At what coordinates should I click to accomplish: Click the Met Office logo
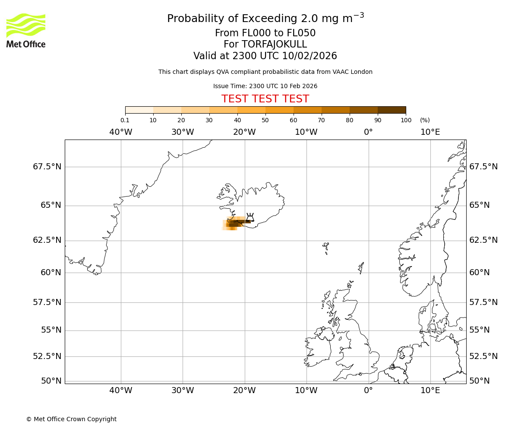click(x=26, y=30)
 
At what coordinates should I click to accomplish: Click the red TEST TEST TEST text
click(x=265, y=99)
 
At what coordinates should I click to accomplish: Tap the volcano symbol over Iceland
click(x=250, y=217)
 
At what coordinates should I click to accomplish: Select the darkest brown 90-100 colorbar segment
click(x=392, y=110)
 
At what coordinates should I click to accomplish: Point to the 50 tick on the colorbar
click(x=265, y=120)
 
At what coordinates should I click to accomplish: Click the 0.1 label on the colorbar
click(x=125, y=120)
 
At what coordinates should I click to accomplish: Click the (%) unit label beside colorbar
click(x=425, y=120)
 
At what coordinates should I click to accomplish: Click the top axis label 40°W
click(x=121, y=132)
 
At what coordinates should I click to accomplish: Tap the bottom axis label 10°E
click(x=430, y=391)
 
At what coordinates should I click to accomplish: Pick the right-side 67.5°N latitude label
click(x=483, y=167)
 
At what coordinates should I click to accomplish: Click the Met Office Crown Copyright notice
click(x=71, y=419)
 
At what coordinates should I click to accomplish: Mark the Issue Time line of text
click(x=265, y=86)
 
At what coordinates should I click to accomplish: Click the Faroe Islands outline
click(x=326, y=247)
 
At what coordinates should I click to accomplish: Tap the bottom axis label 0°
click(x=368, y=391)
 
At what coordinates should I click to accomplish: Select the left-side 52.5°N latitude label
click(x=47, y=356)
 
